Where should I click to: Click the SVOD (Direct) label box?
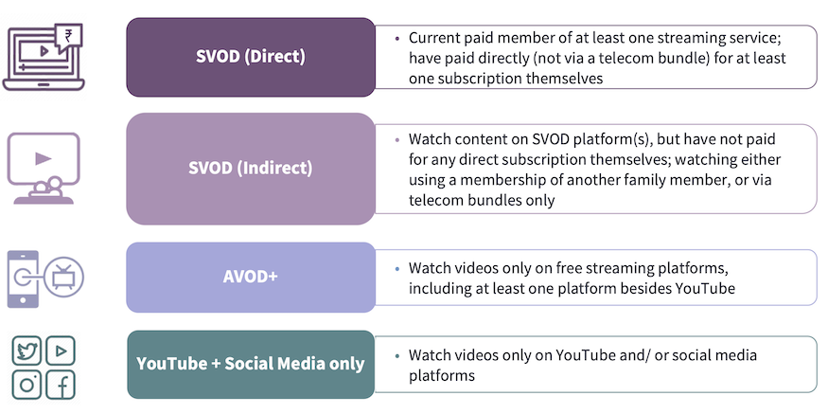251,57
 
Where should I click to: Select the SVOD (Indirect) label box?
251,169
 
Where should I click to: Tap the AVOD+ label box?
251,277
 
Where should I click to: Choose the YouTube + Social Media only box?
251,365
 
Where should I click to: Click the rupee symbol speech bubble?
68,38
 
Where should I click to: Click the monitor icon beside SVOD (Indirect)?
44,168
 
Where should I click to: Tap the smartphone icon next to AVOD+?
23,279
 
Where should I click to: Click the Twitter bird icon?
26,351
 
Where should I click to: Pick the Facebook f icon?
61,385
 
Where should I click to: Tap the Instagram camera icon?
26,385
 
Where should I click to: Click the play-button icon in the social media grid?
61,351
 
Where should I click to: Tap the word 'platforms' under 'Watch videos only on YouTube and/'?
442,376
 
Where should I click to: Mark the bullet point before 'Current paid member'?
397,39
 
